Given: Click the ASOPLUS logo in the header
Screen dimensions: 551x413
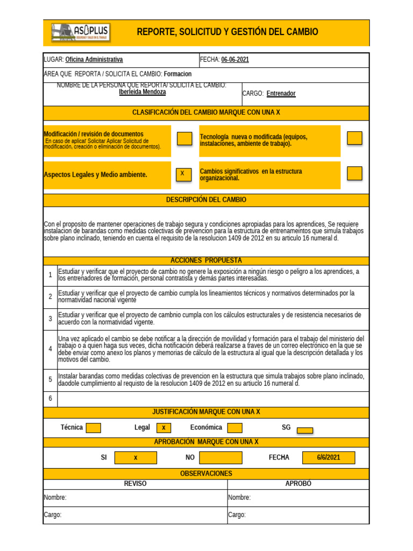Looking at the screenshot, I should [x=81, y=33].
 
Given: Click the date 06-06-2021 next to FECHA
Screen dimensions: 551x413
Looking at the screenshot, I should [x=235, y=60].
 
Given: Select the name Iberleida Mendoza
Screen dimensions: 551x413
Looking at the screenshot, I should [x=142, y=92].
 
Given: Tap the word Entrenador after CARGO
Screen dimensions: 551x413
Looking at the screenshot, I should [x=281, y=94].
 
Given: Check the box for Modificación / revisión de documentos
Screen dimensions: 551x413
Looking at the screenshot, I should [x=184, y=138].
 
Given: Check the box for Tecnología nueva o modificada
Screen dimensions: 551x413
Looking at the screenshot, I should [x=354, y=138].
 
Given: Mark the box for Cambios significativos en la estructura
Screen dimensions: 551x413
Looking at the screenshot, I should [x=354, y=173].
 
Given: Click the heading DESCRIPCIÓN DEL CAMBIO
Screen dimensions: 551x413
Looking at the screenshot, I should [x=206, y=200].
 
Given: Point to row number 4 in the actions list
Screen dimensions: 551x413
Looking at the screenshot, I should [x=50, y=348].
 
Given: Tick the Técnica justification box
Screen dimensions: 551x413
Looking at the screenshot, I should [x=94, y=428].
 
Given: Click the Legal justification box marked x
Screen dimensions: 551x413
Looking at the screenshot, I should [x=164, y=428].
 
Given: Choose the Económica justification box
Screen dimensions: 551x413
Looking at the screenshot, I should [x=234, y=428].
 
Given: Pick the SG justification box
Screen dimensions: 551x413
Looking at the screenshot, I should [x=305, y=430].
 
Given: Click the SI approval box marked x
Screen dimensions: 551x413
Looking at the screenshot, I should [x=136, y=457].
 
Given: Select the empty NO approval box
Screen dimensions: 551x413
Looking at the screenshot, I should [x=220, y=457].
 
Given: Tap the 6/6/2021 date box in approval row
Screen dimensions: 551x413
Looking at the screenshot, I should [x=328, y=457].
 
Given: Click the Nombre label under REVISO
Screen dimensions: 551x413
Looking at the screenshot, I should [x=55, y=498].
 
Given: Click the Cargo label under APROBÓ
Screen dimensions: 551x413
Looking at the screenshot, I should [x=237, y=515].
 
